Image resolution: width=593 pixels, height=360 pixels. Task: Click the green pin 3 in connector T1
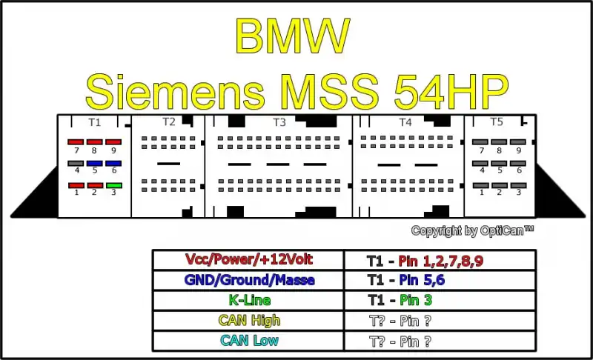coord(114,185)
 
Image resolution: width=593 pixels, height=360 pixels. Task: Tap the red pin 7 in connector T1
coord(76,142)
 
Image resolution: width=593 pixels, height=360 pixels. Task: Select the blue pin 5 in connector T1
coord(95,164)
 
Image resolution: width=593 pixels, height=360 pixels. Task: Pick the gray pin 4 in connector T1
coord(76,164)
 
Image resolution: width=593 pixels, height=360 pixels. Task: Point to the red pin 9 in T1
coord(113,142)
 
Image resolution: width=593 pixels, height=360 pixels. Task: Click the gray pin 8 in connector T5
coord(499,142)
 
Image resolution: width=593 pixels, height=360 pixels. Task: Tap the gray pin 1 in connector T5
coord(480,185)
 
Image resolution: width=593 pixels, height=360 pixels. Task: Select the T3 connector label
coord(279,122)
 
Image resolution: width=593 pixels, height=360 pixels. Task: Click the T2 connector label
coord(169,122)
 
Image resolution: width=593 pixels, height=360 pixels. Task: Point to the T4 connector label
coord(405,122)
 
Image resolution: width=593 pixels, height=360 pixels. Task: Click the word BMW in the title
coord(292,36)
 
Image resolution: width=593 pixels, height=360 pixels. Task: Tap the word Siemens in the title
coord(175,91)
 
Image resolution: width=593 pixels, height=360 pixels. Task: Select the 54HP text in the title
coord(451,91)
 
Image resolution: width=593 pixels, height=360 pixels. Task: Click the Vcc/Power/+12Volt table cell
coord(248,260)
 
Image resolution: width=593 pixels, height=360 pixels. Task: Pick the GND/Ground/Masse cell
coord(248,280)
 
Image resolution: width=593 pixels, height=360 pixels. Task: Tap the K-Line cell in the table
coord(248,300)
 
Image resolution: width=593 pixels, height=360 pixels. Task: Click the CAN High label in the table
coord(249,321)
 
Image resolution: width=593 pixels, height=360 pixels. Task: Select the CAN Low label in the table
coord(249,341)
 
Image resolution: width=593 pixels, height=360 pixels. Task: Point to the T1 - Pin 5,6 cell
coord(440,280)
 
